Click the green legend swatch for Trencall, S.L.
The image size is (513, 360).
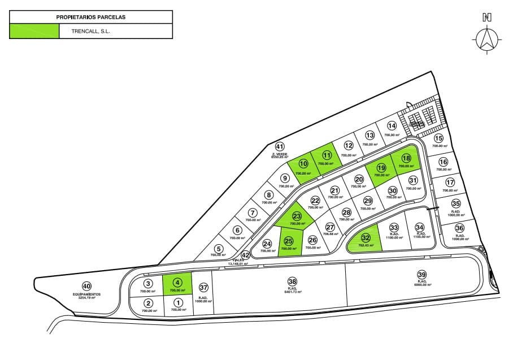pyautogui.click(x=34, y=31)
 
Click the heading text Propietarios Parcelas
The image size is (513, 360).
pyautogui.click(x=91, y=17)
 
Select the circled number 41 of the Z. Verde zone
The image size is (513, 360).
pyautogui.click(x=279, y=147)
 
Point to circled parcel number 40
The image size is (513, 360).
pyautogui.click(x=86, y=286)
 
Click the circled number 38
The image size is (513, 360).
pyautogui.click(x=292, y=281)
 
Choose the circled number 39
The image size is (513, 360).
pyautogui.click(x=421, y=275)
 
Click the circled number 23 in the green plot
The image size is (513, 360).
pyautogui.click(x=297, y=216)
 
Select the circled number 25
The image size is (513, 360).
pyautogui.click(x=289, y=240)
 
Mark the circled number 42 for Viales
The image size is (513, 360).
pyautogui.click(x=245, y=255)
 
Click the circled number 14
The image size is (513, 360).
pyautogui.click(x=392, y=126)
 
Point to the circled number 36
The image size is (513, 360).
pyautogui.click(x=459, y=229)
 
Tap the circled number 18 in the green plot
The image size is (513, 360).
pyautogui.click(x=406, y=158)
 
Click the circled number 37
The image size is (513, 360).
pyautogui.click(x=203, y=287)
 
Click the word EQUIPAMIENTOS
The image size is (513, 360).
pyautogui.click(x=86, y=294)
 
